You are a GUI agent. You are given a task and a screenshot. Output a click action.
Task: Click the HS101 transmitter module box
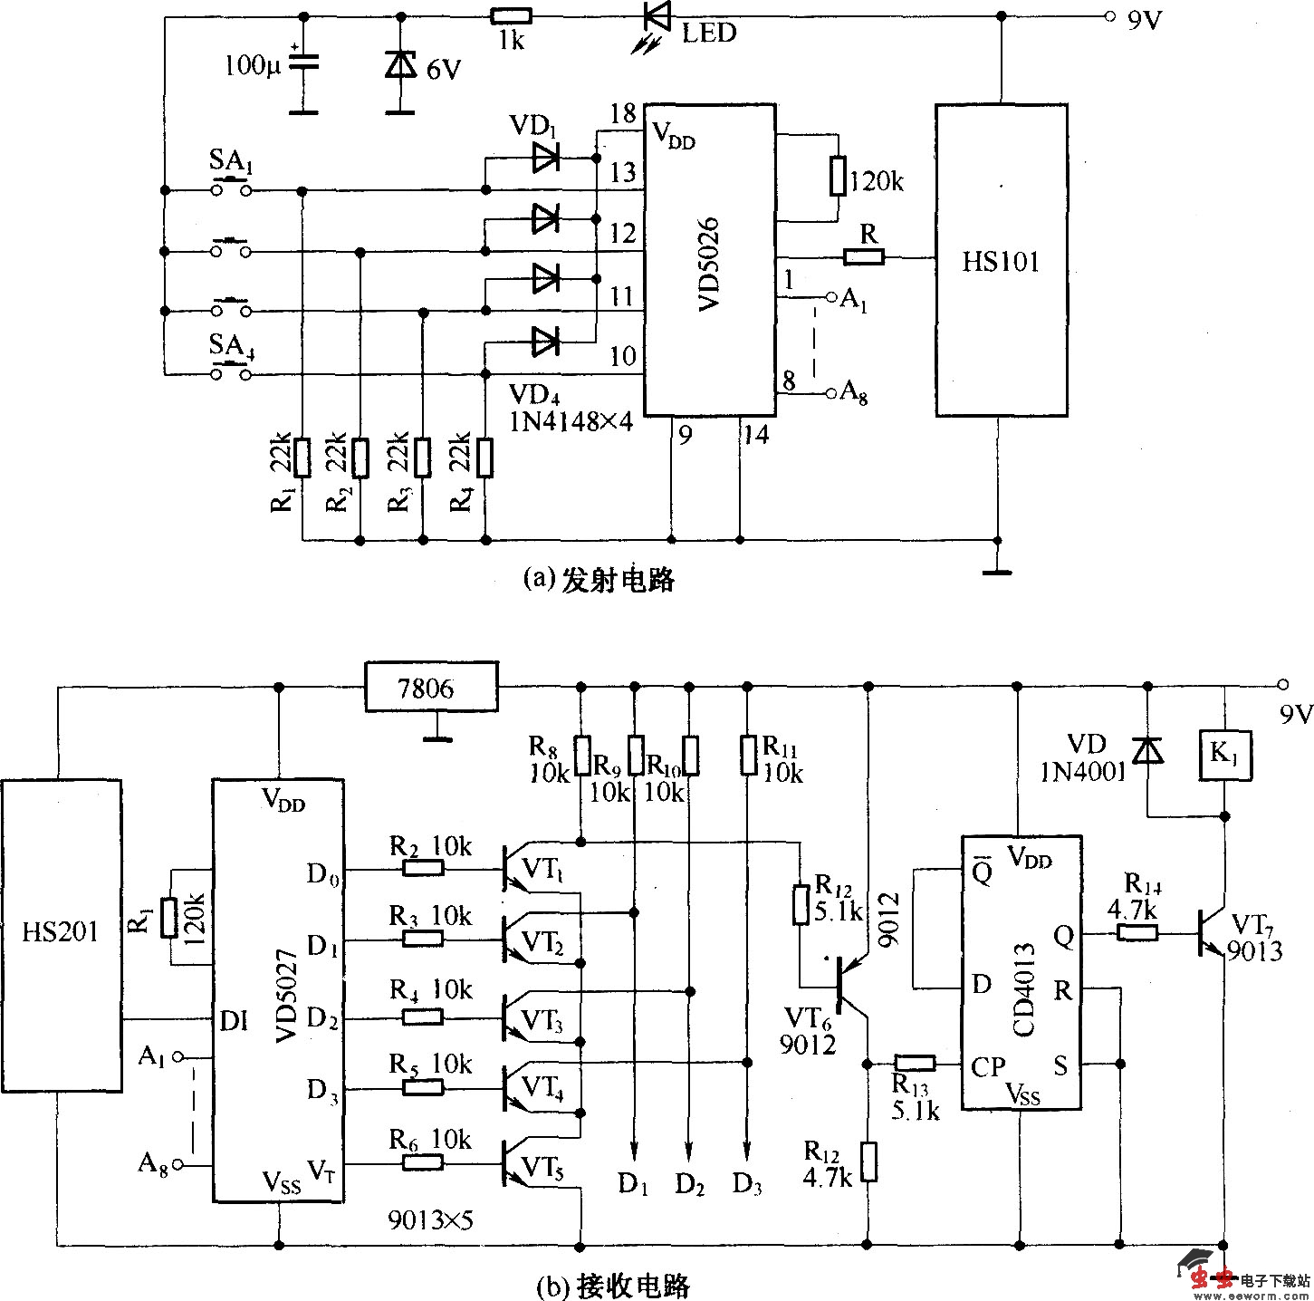tap(1001, 260)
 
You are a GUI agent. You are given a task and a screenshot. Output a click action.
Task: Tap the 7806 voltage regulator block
tap(431, 688)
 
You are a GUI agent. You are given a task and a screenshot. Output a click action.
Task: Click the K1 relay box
tap(1224, 755)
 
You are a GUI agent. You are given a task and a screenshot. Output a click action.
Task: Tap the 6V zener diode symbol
tap(399, 64)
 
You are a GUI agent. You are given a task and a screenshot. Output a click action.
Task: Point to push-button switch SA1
tap(232, 188)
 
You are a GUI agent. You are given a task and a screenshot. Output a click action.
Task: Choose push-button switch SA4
tap(232, 372)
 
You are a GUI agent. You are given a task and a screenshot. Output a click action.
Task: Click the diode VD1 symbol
tap(545, 158)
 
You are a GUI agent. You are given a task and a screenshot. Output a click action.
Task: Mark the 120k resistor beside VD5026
tap(839, 178)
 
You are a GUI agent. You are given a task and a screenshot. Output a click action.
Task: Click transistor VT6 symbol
tap(847, 986)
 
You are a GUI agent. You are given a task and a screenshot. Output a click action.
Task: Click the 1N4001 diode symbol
tap(1148, 750)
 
